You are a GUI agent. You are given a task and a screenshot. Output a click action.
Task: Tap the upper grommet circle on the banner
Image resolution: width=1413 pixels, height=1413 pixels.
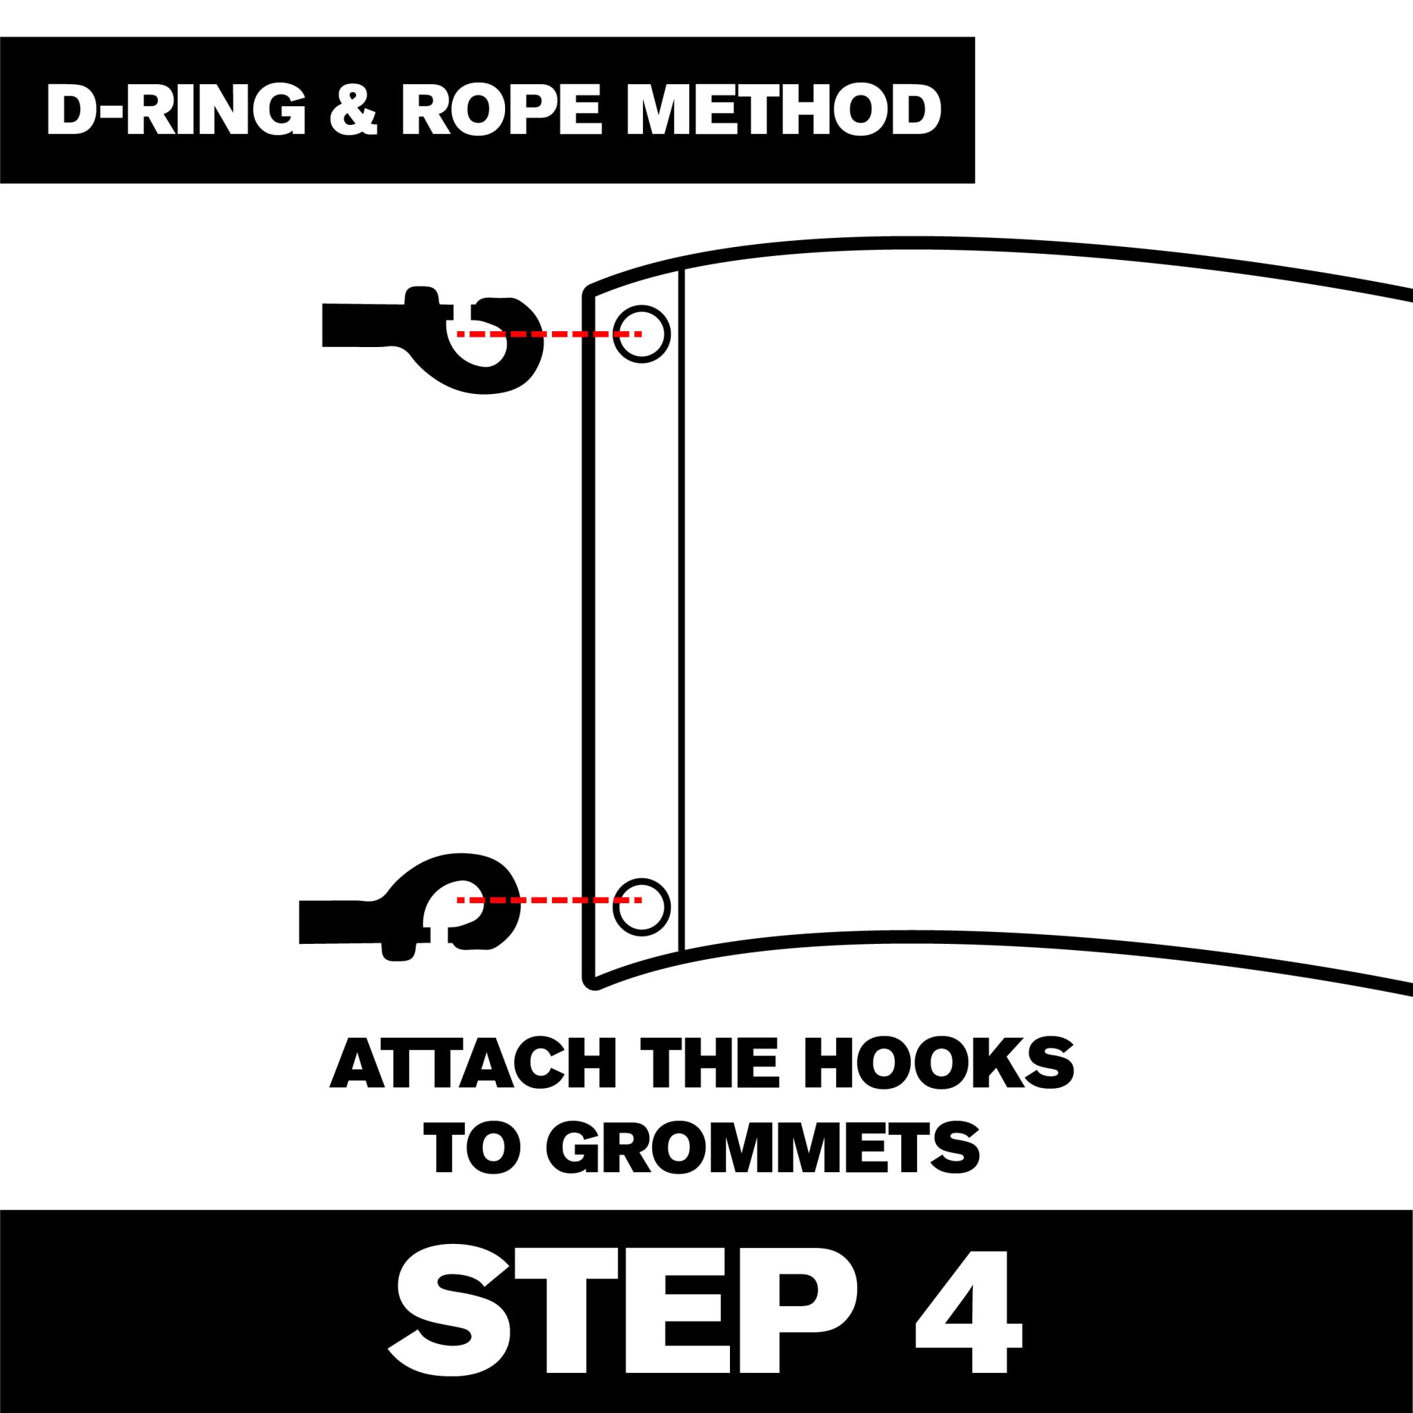642,334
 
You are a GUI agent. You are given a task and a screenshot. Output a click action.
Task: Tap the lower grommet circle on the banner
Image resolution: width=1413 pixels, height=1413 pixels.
642,905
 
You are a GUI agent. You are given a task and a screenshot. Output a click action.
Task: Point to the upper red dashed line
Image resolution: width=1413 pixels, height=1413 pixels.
549,334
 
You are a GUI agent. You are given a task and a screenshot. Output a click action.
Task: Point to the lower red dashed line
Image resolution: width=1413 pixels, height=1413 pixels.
549,900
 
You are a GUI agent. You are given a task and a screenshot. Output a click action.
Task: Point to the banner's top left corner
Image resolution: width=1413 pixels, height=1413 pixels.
589,291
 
